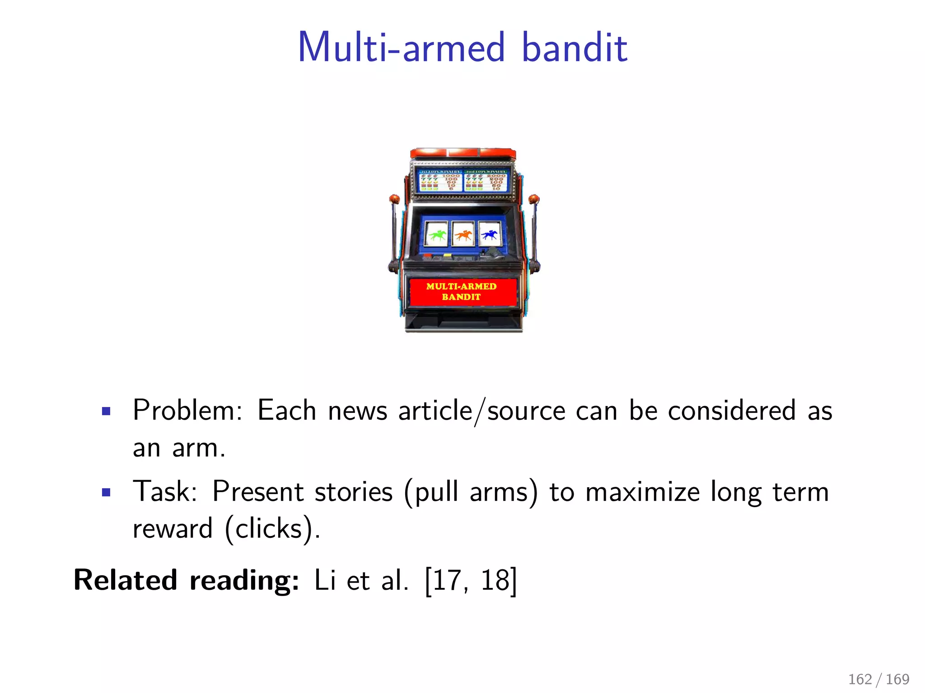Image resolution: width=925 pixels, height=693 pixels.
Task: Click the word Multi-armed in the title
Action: click(x=401, y=47)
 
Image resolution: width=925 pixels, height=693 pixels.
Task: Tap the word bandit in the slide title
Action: click(x=574, y=47)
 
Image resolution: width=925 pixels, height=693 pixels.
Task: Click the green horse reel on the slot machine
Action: click(x=437, y=234)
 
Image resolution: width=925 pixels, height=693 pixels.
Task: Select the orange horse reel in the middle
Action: click(x=463, y=234)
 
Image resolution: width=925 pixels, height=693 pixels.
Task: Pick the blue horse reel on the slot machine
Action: click(x=489, y=234)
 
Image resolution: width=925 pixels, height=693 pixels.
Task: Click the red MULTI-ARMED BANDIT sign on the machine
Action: click(x=462, y=292)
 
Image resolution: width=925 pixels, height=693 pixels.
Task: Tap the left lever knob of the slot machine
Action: click(x=394, y=199)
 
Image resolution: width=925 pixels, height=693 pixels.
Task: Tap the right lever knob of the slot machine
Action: click(x=534, y=199)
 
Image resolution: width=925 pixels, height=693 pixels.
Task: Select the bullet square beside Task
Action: click(x=107, y=492)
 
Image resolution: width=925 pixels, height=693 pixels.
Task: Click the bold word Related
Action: click(x=125, y=580)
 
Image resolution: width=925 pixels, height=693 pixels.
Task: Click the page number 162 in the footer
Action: click(x=860, y=679)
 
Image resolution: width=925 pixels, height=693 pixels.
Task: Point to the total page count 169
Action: click(x=897, y=679)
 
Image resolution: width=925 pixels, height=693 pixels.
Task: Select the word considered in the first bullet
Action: click(x=731, y=411)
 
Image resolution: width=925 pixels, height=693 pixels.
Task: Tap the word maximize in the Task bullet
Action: click(x=642, y=492)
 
